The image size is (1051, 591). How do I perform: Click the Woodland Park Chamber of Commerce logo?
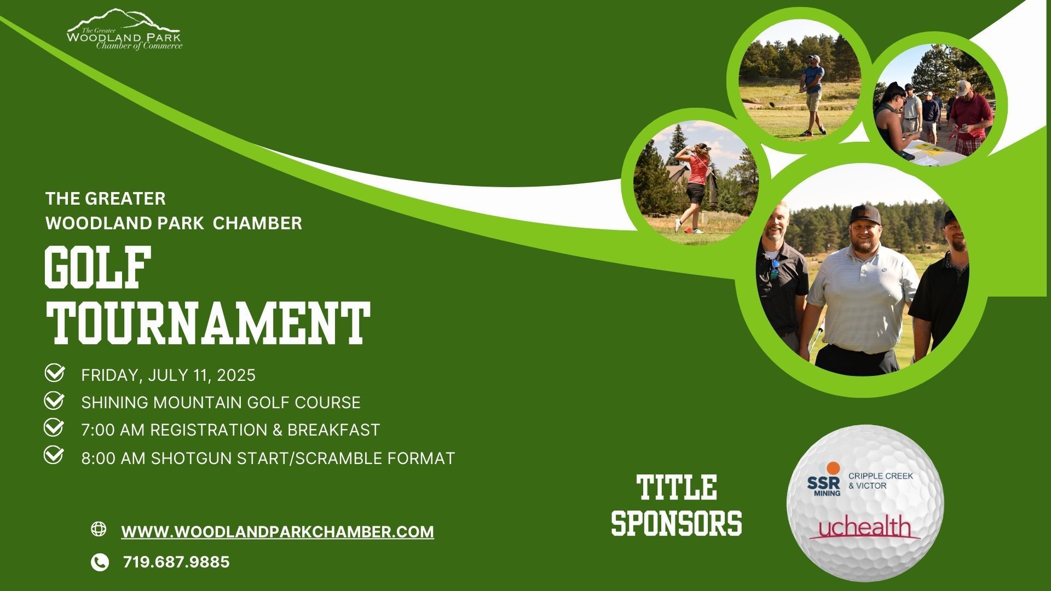tap(124, 30)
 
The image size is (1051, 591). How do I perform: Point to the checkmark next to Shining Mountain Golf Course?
tap(54, 401)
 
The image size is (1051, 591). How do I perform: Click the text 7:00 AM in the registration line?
tap(113, 430)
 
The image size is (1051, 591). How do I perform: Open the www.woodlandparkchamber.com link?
tap(278, 532)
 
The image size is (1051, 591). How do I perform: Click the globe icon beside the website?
tap(99, 529)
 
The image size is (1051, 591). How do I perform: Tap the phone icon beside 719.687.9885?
tap(100, 562)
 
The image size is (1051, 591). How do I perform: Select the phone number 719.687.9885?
tap(176, 562)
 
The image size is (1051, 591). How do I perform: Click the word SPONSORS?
tap(677, 523)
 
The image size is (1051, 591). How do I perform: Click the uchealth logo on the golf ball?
tap(864, 529)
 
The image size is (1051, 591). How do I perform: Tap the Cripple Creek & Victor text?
tap(880, 480)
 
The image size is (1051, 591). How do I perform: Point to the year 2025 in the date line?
tap(236, 375)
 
